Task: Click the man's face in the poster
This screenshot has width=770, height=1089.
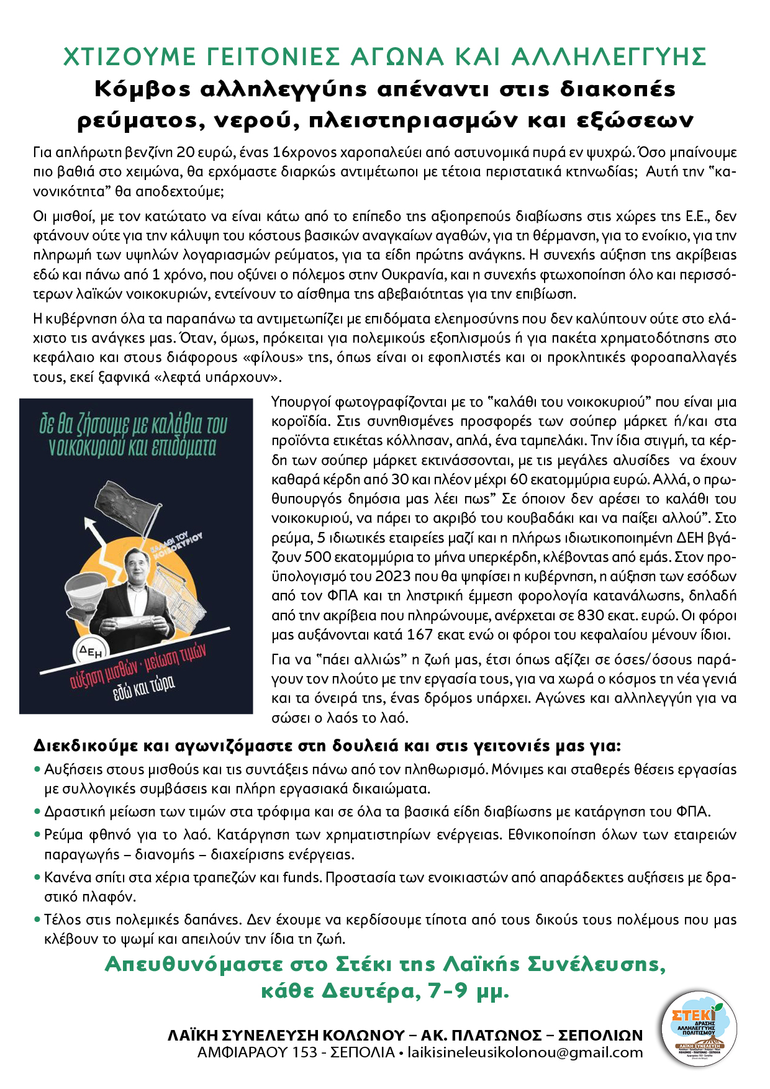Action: coord(136,567)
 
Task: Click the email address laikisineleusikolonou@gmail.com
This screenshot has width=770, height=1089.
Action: coord(525,1052)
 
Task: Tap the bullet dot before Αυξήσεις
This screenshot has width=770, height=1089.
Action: coord(37,770)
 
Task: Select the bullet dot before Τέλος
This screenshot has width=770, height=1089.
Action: coord(37,920)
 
